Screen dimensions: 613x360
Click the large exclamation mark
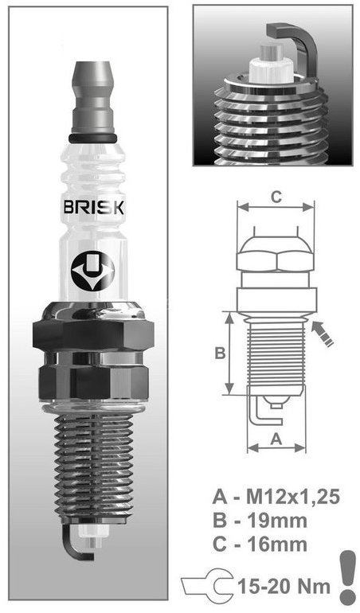tap(346, 578)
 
